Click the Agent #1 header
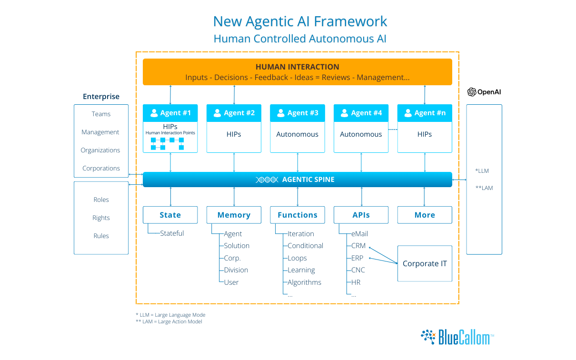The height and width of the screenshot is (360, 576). (170, 113)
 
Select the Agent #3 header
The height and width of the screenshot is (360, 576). (298, 113)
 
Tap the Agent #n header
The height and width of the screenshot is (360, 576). (425, 113)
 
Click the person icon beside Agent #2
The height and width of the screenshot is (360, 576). (217, 113)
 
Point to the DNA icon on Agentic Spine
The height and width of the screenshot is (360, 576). (267, 180)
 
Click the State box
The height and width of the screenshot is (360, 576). (170, 215)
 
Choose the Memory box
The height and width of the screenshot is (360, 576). (234, 215)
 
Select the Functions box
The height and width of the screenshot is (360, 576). (298, 215)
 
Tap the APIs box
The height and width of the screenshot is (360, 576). (361, 215)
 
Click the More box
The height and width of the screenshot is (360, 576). (425, 215)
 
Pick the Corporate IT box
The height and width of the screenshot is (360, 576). (425, 263)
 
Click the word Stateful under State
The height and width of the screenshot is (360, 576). (172, 233)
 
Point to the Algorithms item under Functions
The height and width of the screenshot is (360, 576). (305, 282)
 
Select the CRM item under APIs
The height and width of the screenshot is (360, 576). (358, 246)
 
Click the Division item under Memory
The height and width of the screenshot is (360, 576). (236, 270)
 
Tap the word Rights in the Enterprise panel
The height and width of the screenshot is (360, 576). (101, 218)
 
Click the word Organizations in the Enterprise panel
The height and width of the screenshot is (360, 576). (100, 150)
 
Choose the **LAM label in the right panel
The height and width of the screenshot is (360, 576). (484, 188)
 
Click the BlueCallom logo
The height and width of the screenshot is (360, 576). (457, 337)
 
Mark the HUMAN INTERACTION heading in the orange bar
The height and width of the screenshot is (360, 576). (298, 67)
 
